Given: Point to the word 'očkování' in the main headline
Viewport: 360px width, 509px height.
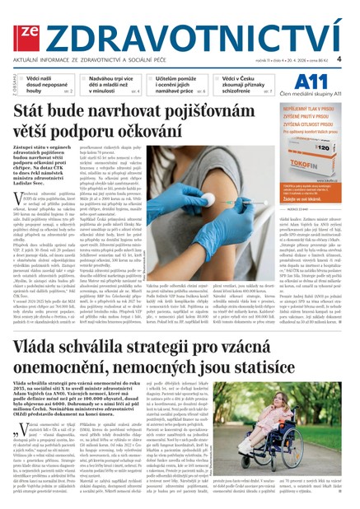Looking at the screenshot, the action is coord(147,128).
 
